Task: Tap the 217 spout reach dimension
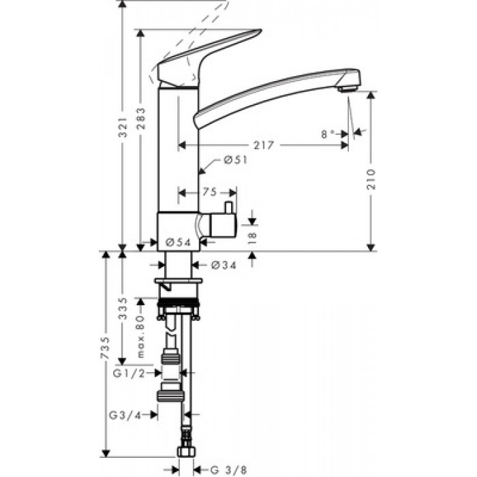coord(264,145)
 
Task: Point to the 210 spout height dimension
coord(371,179)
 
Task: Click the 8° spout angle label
coord(328,134)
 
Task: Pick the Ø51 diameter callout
coord(236,160)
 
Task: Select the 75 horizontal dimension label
coord(210,192)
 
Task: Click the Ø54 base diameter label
coord(179,242)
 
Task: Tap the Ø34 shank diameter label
coord(224,265)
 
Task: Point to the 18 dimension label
coord(253,238)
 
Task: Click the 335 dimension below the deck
coord(123,309)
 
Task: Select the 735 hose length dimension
coord(105,348)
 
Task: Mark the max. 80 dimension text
coord(141,337)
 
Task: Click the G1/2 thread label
coord(129,373)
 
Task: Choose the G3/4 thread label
coord(125,415)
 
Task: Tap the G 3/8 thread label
coord(228,470)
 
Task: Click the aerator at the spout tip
coord(348,89)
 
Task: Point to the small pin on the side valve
coord(228,208)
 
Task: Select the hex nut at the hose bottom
coord(187,452)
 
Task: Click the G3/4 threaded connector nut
coord(170,396)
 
